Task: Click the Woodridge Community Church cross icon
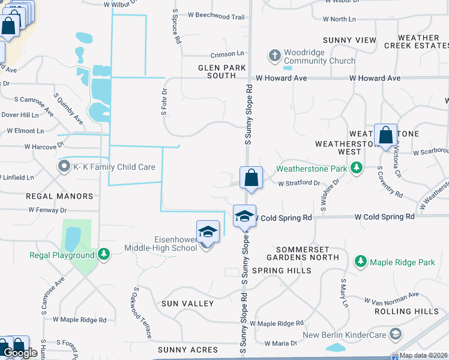pyautogui.click(x=275, y=55)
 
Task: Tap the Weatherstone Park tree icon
pyautogui.click(x=357, y=167)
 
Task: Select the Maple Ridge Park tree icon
pyautogui.click(x=361, y=262)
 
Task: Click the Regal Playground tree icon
pyautogui.click(x=104, y=254)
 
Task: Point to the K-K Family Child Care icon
pyautogui.click(x=64, y=166)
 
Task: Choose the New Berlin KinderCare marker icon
pyautogui.click(x=396, y=334)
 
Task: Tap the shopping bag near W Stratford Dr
pyautogui.click(x=252, y=178)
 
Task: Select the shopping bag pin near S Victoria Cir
pyautogui.click(x=385, y=136)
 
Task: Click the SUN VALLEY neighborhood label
pyautogui.click(x=187, y=304)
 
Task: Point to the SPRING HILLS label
pyautogui.click(x=282, y=271)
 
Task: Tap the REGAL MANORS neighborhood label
pyautogui.click(x=59, y=196)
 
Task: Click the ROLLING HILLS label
pyautogui.click(x=406, y=311)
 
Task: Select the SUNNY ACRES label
pyautogui.click(x=188, y=350)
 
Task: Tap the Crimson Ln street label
pyautogui.click(x=227, y=54)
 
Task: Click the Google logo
pyautogui.click(x=20, y=353)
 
